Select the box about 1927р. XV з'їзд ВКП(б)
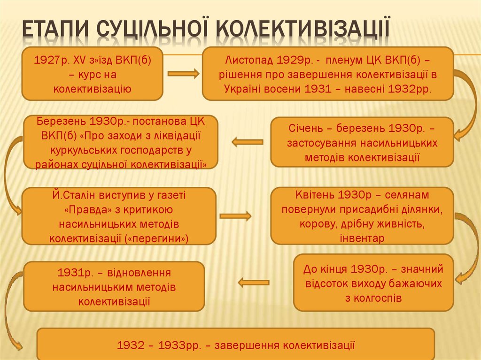tap(92, 74)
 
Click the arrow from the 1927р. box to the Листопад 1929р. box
tap(183, 74)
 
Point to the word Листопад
tap(245, 61)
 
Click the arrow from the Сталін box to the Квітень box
tap(235, 216)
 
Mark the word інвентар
tap(362, 238)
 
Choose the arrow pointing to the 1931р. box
tap(253, 283)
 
